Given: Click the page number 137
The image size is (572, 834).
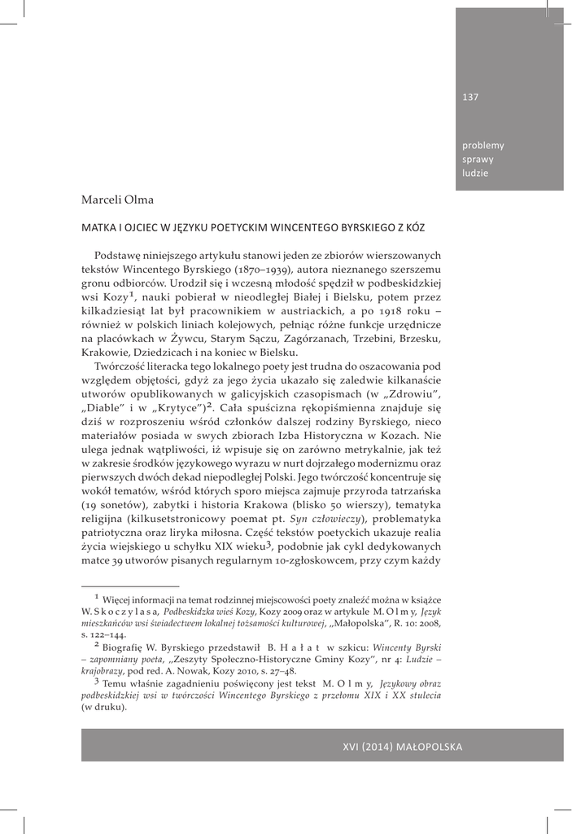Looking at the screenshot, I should [470, 98].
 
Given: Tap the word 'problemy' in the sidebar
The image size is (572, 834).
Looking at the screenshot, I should [483, 146].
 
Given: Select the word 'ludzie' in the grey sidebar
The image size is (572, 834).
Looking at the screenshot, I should [476, 173].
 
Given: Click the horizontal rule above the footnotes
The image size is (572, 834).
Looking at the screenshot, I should [130, 586].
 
